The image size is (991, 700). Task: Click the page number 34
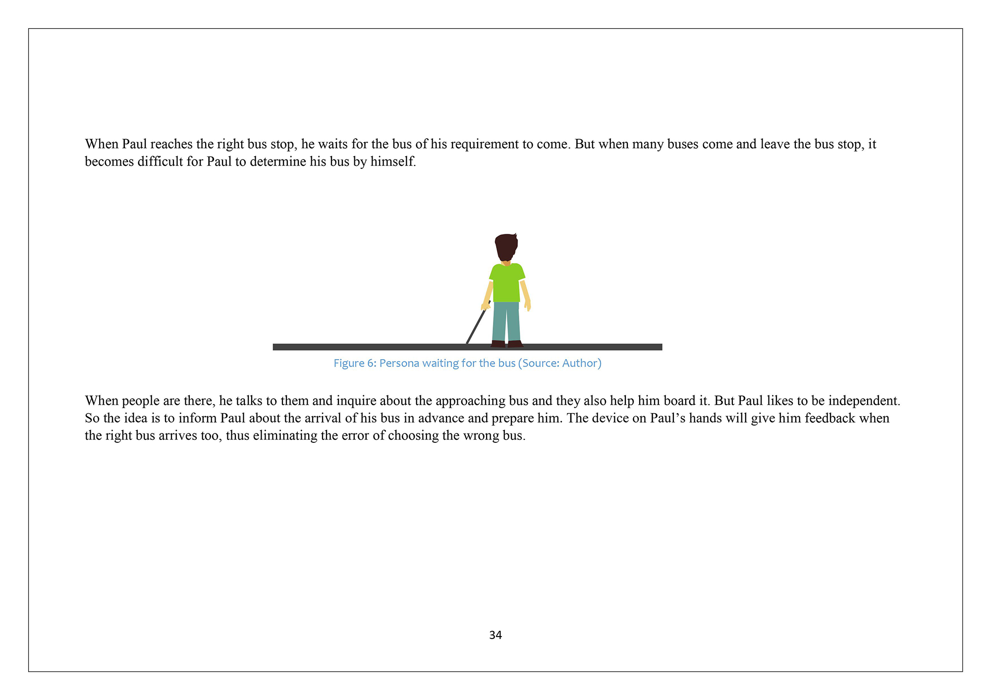click(x=495, y=635)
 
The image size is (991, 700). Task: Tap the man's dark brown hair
click(x=506, y=246)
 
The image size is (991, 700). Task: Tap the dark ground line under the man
click(x=372, y=347)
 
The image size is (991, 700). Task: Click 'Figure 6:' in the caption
click(x=355, y=363)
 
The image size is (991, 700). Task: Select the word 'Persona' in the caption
click(x=399, y=363)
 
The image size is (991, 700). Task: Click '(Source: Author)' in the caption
click(x=559, y=363)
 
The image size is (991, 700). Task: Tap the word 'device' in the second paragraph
click(x=610, y=418)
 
